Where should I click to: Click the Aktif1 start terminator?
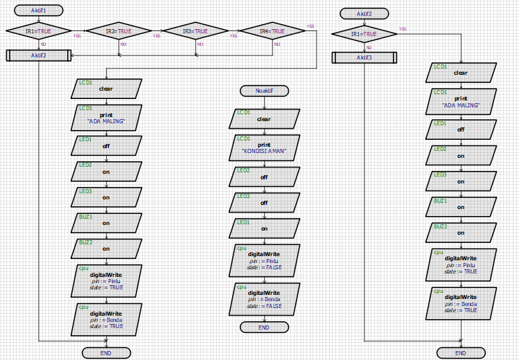click(39, 10)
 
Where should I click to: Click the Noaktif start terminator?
click(263, 91)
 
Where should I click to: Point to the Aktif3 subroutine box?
click(364, 57)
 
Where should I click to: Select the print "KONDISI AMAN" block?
click(264, 148)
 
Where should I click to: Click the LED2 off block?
click(264, 177)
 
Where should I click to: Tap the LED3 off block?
click(264, 202)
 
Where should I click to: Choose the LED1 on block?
click(264, 228)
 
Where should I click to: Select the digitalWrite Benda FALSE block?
click(264, 298)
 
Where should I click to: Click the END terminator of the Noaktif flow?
click(264, 327)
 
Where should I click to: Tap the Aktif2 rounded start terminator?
click(364, 14)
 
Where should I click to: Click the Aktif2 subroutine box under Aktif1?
click(39, 55)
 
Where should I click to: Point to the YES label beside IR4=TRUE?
click(310, 26)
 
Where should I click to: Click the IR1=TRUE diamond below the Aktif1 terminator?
click(39, 31)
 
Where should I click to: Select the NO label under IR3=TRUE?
click(200, 44)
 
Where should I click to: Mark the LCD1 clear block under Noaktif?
click(264, 118)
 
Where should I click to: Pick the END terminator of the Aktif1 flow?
click(106, 353)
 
